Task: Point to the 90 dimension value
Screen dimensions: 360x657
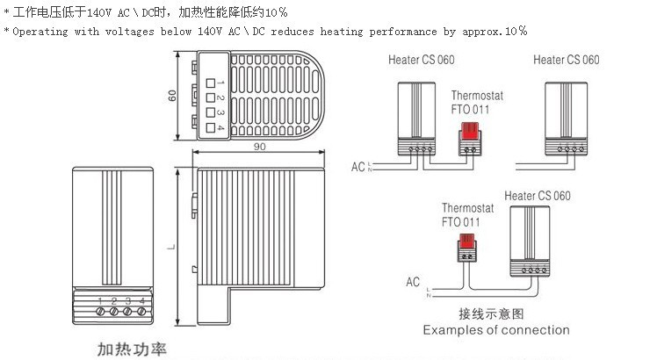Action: pyautogui.click(x=259, y=146)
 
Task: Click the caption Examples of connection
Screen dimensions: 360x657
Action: pyautogui.click(x=496, y=330)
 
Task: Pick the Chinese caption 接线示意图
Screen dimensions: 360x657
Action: pyautogui.click(x=491, y=313)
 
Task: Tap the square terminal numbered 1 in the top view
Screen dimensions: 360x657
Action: pyautogui.click(x=211, y=83)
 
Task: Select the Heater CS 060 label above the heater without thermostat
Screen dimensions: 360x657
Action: pyautogui.click(x=566, y=60)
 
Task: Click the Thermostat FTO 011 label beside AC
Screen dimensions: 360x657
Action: pyautogui.click(x=461, y=215)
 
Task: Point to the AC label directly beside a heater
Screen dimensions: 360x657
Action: pyautogui.click(x=357, y=164)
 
